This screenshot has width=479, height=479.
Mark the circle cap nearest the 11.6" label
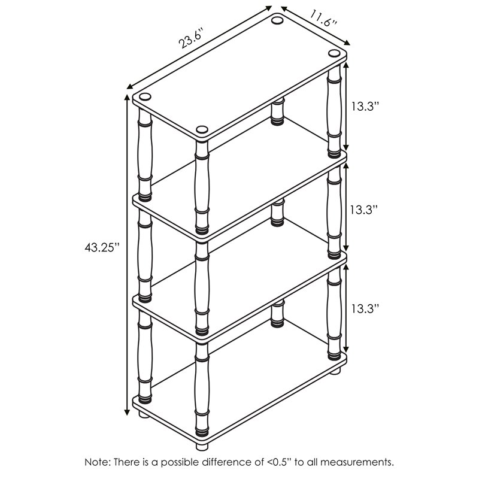click(277, 22)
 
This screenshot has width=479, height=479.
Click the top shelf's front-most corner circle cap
click(202, 129)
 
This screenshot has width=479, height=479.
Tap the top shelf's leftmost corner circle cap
click(144, 96)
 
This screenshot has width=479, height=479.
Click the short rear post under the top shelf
click(277, 112)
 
